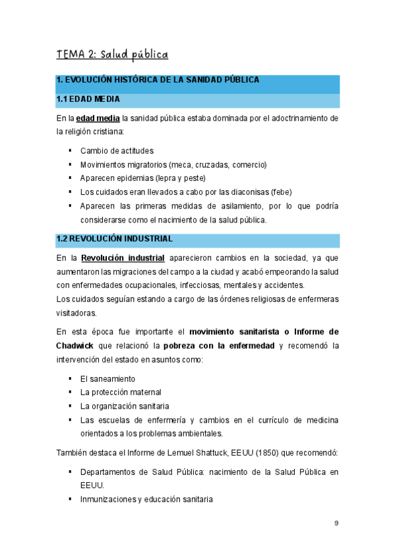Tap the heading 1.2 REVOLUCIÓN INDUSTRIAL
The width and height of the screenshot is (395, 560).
pos(114,238)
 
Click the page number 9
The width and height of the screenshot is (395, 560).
pos(336,523)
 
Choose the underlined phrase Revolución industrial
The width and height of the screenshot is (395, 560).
pos(122,258)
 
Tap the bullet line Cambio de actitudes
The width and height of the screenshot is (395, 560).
pos(117,151)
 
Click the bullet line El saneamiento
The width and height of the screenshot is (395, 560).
pos(107,378)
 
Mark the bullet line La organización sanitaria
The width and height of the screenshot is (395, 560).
pos(124,405)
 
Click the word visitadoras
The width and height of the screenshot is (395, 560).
pos(76,312)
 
